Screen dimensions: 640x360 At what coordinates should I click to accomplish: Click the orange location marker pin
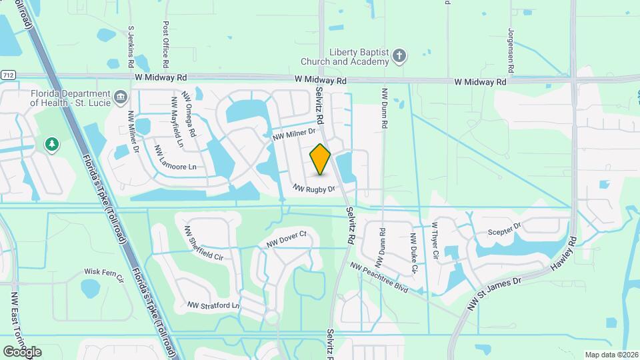321,159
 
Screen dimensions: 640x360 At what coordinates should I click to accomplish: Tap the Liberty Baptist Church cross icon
399,56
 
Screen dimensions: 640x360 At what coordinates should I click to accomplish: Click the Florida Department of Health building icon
121,98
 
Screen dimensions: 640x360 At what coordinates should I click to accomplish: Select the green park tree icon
51,144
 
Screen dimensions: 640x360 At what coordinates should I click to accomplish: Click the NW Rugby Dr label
313,189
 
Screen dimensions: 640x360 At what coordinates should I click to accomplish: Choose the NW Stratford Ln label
213,305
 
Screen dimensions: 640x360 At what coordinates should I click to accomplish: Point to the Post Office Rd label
166,44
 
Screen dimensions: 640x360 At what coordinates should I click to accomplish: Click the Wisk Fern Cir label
105,275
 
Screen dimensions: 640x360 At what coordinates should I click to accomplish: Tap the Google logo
22,351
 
